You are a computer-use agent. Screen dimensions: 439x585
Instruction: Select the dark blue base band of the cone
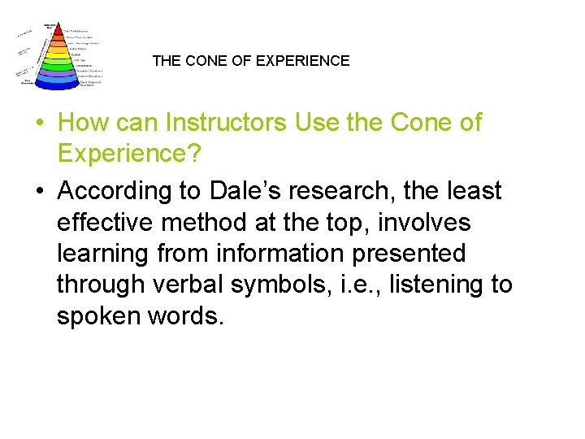click(x=58, y=82)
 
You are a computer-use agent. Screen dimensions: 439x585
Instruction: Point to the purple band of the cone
click(x=58, y=75)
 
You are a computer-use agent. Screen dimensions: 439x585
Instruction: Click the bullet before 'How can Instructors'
click(x=38, y=124)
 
